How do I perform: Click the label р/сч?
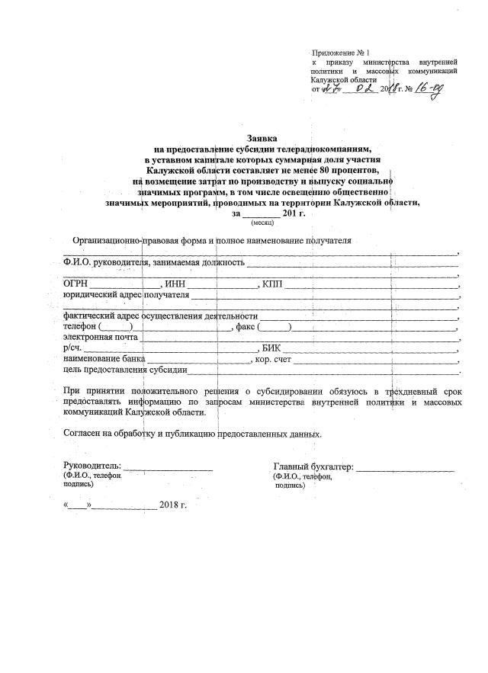point(72,348)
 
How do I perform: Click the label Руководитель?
point(92,466)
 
